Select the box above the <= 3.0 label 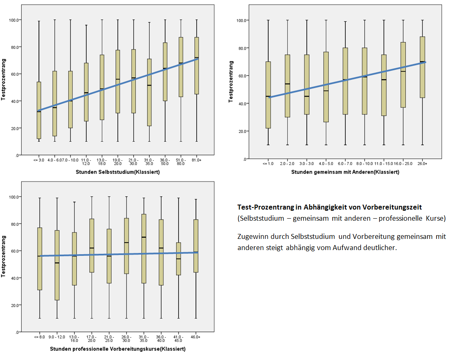tap(39, 110)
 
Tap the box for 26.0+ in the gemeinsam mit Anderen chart tap(422, 67)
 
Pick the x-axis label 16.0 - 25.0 tap(403, 164)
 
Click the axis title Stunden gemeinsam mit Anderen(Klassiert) tap(345, 172)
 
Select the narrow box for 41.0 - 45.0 tap(178, 259)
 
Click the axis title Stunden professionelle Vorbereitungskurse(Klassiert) tap(117, 349)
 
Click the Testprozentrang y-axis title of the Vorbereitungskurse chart tap(4, 256)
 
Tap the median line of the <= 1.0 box tap(268, 96)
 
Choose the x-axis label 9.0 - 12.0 tap(57, 337)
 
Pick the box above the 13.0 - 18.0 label tap(102, 87)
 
